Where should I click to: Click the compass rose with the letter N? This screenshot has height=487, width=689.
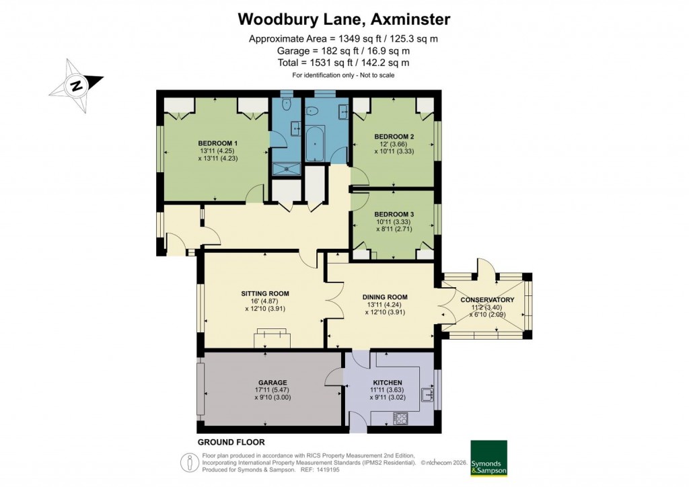click(76, 85)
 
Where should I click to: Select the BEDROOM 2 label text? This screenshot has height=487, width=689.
click(394, 137)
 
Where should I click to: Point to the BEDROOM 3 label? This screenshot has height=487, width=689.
click(394, 215)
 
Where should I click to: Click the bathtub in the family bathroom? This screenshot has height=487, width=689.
click(316, 143)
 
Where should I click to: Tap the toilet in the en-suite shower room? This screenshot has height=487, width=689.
click(286, 104)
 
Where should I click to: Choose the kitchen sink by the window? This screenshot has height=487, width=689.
click(427, 395)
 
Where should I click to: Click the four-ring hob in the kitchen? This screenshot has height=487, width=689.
click(400, 419)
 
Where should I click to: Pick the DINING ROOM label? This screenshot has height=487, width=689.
click(385, 297)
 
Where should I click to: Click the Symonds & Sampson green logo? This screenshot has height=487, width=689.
click(488, 458)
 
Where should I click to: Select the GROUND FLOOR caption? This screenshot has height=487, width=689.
click(231, 442)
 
